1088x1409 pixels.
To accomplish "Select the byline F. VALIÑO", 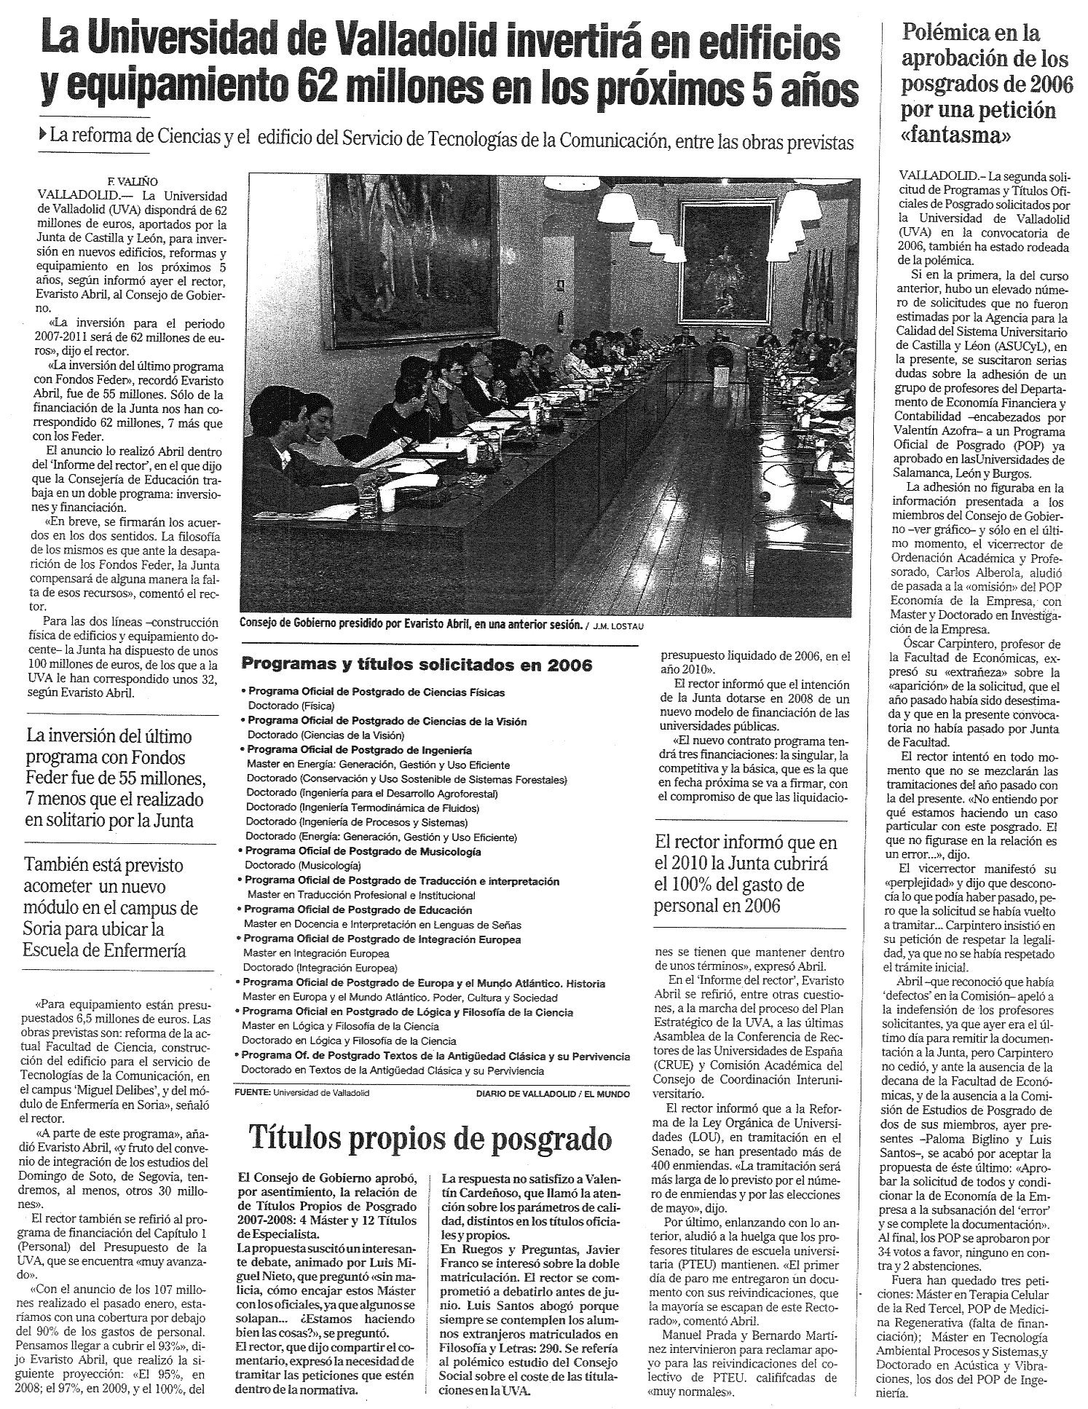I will point(130,182).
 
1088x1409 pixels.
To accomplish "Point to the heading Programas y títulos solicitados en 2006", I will point(417,665).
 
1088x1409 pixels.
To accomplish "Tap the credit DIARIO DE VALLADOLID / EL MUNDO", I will point(553,1093).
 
